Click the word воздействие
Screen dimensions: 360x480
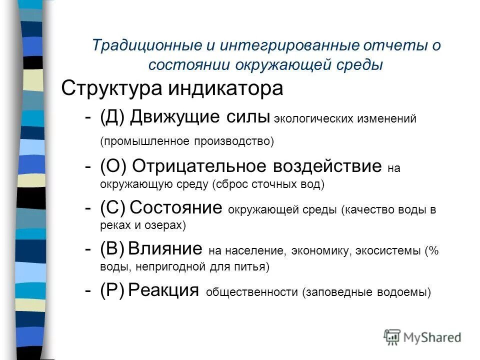(x=324, y=166)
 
